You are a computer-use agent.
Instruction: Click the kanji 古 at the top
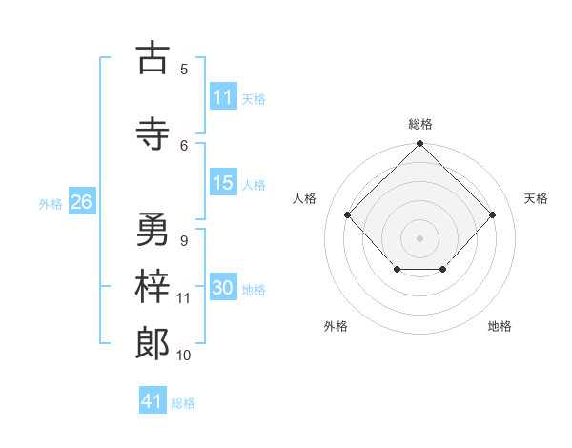coord(153,58)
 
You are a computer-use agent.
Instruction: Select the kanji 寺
coord(153,133)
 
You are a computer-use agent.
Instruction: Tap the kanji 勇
coord(153,230)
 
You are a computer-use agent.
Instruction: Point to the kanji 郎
coord(153,342)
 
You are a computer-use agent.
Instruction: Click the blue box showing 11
coord(223,97)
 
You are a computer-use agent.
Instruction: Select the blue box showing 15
coord(223,183)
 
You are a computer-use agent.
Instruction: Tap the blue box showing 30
coord(223,288)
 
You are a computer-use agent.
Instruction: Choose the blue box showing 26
coord(81,202)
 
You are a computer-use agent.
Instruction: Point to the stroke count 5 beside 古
coord(184,70)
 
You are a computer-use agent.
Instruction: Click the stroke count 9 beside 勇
coord(184,241)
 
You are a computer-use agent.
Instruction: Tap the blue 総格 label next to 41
coord(183,403)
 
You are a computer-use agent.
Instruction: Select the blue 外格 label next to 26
coord(51,203)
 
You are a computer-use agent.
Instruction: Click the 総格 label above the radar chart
coord(419,124)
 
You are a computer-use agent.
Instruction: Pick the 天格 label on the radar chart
coord(536,198)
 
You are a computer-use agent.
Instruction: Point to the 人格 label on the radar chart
coord(304,198)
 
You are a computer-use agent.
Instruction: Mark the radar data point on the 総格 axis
coord(419,145)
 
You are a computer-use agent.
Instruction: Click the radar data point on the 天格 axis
coord(492,214)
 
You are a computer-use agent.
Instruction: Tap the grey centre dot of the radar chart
coord(419,237)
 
